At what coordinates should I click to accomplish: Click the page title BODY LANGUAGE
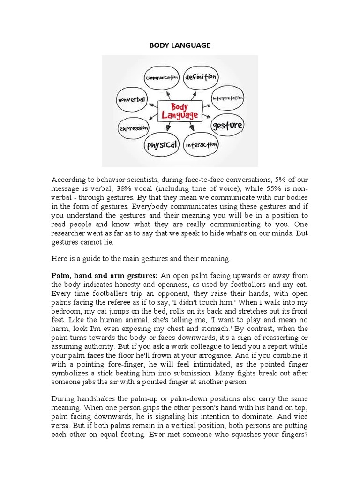[180, 45]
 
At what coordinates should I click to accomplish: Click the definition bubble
[200, 76]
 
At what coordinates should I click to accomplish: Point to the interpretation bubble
[227, 98]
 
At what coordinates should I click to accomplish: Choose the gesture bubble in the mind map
[227, 125]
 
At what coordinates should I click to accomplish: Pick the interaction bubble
[201, 145]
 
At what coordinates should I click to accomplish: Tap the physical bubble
[162, 145]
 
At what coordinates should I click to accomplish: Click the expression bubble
[134, 127]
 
